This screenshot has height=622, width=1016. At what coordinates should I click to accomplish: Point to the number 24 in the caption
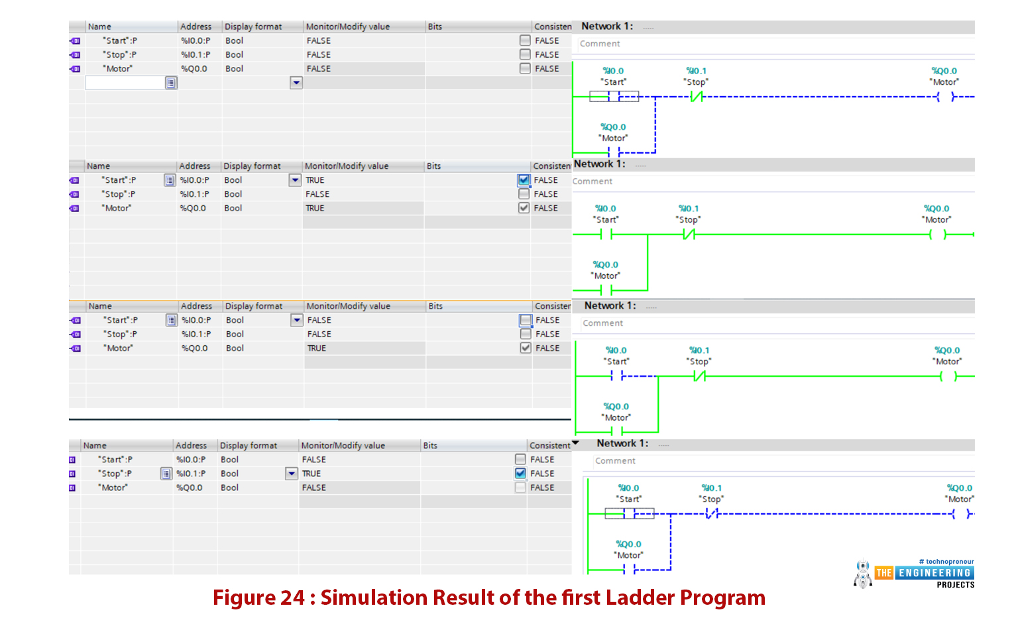pos(292,597)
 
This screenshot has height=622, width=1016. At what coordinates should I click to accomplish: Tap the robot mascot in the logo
pos(863,574)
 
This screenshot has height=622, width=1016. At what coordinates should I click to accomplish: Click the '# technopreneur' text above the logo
pos(946,561)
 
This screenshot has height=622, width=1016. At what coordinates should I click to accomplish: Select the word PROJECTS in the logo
pos(956,585)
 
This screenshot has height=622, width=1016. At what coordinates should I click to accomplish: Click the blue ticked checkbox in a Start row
pos(524,180)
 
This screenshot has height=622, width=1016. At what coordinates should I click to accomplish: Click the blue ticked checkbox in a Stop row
pos(520,474)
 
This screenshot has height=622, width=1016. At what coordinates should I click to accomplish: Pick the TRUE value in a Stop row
pos(311,474)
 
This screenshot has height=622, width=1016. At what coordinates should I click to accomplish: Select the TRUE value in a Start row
pos(315,180)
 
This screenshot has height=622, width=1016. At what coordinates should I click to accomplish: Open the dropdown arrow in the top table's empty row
pos(296,83)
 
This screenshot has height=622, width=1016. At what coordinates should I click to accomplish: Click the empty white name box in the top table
pos(125,83)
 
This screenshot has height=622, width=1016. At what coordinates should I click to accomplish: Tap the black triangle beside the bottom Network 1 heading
pos(575,442)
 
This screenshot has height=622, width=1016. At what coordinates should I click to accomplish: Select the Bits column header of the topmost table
pos(435,26)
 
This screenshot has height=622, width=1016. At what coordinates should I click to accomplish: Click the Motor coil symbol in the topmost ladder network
pos(946,97)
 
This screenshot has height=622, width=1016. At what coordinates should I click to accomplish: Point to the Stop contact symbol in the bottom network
pos(712,513)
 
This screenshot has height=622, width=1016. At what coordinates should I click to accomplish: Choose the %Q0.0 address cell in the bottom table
pos(189,488)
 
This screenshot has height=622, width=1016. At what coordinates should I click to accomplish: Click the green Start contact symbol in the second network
pos(606,234)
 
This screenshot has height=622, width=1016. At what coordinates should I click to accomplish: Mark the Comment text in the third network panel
pos(602,323)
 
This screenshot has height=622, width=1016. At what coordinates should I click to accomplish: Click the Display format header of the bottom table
pos(248,445)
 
